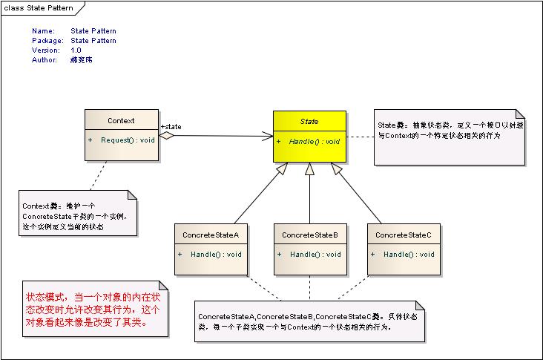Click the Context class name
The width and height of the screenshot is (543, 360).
121,120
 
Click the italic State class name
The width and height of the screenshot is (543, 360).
309,120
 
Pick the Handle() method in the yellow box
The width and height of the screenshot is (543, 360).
314,141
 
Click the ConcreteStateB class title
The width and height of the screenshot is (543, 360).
309,235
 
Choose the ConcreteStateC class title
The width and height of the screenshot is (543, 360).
403,235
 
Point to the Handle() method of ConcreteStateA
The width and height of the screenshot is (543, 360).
216,255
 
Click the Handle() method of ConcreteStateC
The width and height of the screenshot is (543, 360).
409,255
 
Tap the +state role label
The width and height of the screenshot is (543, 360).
171,127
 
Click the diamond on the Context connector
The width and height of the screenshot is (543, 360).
167,136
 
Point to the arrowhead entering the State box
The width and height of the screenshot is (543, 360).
268,136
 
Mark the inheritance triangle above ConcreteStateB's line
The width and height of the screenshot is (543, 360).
310,168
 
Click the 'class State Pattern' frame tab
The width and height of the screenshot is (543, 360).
41,7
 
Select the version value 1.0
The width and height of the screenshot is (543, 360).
76,50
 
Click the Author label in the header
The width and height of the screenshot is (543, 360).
45,59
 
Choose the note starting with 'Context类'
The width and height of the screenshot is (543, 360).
78,214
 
